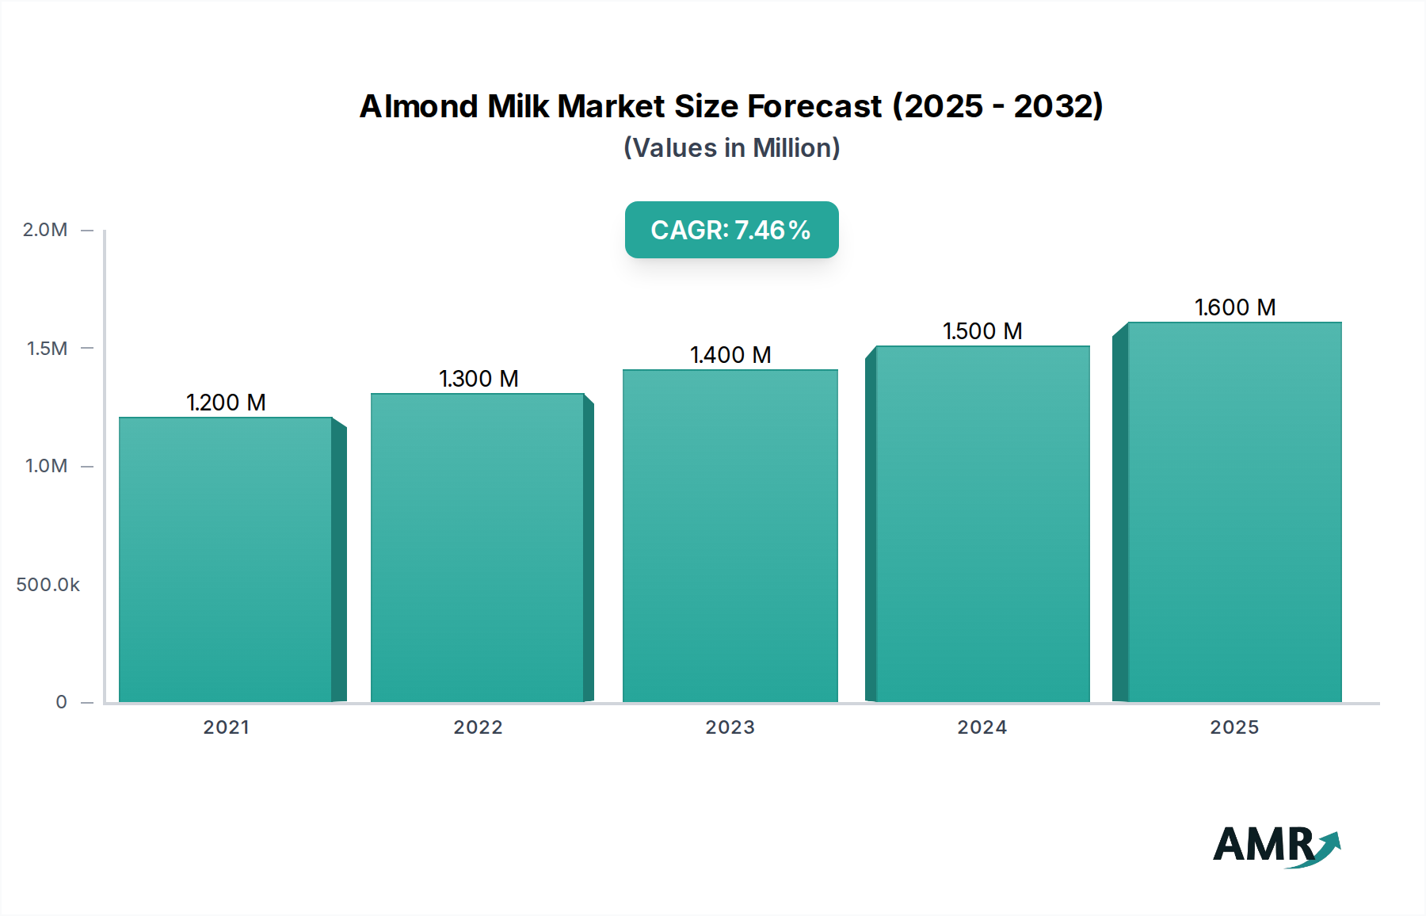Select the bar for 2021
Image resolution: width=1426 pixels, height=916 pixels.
tap(226, 559)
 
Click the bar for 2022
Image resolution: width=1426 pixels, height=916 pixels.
tap(478, 548)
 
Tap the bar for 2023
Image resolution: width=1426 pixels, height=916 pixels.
tap(730, 536)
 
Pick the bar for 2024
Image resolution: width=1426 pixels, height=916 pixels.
tap(982, 524)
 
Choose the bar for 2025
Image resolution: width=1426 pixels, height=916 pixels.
tap(1234, 512)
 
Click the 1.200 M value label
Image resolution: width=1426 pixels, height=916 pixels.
tap(226, 403)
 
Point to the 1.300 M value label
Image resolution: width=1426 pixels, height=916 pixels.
tap(479, 379)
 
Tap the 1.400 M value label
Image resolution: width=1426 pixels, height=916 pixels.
tap(730, 355)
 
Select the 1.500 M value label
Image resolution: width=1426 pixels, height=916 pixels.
tap(982, 331)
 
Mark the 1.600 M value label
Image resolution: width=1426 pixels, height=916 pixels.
tap(1235, 307)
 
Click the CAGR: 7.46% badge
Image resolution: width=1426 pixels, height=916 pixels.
tap(731, 230)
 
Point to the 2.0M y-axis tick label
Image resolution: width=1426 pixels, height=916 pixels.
tap(45, 230)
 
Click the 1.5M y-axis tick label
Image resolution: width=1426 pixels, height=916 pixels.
tap(47, 348)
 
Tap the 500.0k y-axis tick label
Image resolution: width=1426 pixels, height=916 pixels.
tap(48, 585)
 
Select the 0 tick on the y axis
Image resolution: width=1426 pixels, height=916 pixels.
tap(61, 702)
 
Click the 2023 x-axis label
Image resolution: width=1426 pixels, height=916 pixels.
tap(730, 727)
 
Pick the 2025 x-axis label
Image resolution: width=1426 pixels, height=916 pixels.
tap(1234, 727)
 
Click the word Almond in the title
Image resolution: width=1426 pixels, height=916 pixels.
tap(418, 106)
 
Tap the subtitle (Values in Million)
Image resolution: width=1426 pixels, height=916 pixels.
tap(731, 148)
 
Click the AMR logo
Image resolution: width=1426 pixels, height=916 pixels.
tap(1275, 845)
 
